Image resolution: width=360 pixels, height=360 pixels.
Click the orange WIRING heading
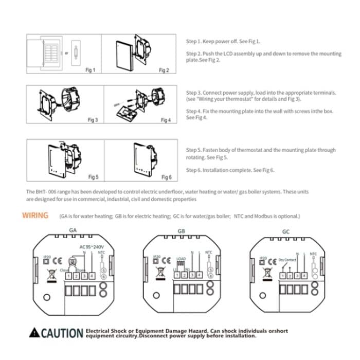coord(35,215)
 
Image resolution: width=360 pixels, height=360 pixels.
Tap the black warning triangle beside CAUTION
coord(33,333)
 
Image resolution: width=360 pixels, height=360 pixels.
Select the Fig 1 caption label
coord(90,70)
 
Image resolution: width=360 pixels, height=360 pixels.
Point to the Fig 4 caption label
coord(165,120)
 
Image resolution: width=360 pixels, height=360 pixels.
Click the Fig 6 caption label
coord(166,177)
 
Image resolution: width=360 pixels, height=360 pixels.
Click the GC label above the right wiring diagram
coord(286,231)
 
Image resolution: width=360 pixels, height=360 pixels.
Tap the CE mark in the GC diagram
coord(273,261)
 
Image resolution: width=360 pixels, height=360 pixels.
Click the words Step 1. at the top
coord(192,41)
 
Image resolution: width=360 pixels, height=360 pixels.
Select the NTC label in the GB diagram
coord(208,253)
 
